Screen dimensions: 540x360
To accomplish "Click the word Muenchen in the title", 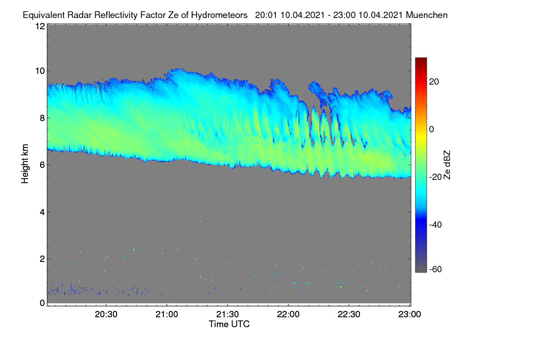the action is tap(427, 15).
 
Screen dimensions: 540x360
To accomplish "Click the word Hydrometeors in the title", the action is tap(219, 15).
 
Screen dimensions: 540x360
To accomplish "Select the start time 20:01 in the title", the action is tap(266, 15).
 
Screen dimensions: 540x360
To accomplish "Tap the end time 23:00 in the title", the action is tap(344, 15).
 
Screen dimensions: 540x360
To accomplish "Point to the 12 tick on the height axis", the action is tap(40, 26).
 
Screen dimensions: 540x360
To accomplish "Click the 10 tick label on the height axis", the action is tap(40, 71).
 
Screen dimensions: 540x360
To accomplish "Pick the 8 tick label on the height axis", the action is tap(42, 118).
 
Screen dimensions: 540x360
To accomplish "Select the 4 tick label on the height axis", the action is tap(42, 212).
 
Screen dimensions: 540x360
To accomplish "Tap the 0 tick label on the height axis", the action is tap(42, 303).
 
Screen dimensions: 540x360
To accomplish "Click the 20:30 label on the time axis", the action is tap(106, 315).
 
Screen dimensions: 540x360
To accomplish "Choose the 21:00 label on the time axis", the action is tap(167, 315).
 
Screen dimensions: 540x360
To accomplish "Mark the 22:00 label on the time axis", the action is tap(288, 315).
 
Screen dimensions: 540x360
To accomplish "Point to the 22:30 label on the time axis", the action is tap(349, 315).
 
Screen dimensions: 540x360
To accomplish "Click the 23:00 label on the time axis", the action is tap(409, 315).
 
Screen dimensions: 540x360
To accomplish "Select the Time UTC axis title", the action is tap(229, 324).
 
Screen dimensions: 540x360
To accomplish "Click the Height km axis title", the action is tap(25, 164).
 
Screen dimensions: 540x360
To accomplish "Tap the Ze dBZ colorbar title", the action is tap(447, 165).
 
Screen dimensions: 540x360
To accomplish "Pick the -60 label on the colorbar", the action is tap(436, 270).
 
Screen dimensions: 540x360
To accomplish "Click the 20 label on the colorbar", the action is tap(434, 82).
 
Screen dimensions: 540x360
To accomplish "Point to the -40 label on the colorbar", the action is tap(436, 225).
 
